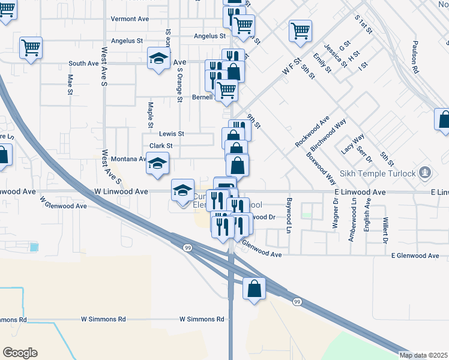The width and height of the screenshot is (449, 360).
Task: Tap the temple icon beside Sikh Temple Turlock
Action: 426,173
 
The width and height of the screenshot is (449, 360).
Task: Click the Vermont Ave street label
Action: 130,19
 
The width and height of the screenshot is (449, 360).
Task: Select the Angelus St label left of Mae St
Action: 123,41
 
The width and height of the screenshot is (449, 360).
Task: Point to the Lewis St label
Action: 172,134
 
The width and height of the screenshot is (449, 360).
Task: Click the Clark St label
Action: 161,146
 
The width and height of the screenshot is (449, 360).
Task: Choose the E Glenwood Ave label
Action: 415,256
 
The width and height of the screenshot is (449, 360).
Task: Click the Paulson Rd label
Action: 415,58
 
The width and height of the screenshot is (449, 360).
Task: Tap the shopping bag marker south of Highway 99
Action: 254,288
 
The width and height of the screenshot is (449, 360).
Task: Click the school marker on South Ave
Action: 158,58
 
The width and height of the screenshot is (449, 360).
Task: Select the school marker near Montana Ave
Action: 157,164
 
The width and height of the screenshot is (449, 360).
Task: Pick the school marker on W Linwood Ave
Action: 182,191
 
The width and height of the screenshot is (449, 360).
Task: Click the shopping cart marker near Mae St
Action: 31,47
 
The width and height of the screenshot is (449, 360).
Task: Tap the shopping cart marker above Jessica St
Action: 300,31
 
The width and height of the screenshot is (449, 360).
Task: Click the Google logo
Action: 20,353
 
